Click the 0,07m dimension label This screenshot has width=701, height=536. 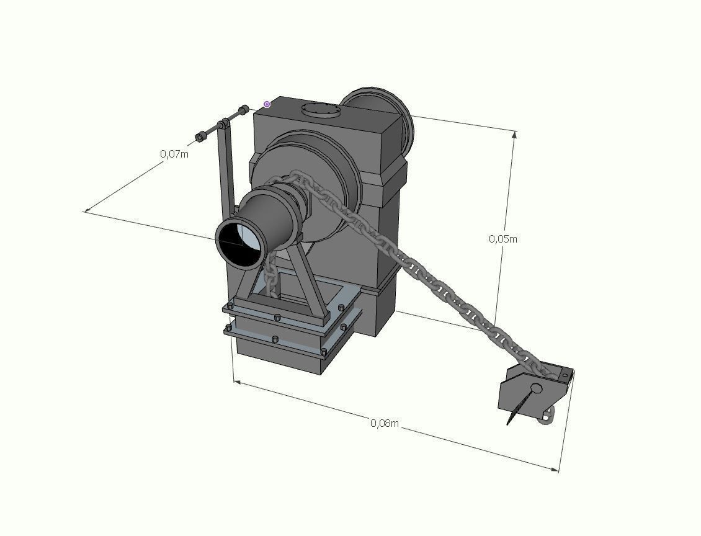pyautogui.click(x=174, y=154)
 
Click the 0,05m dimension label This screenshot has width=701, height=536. pyautogui.click(x=502, y=239)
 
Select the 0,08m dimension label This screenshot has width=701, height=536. pyautogui.click(x=385, y=423)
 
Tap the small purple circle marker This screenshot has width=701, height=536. pyautogui.click(x=267, y=104)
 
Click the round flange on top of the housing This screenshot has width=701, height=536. pyautogui.click(x=321, y=111)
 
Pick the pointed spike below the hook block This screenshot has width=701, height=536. pyautogui.click(x=516, y=411)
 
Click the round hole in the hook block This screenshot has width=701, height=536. pyautogui.click(x=537, y=389)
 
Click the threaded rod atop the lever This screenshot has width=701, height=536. pyautogui.click(x=222, y=124)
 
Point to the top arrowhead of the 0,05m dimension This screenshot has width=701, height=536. pyautogui.click(x=514, y=133)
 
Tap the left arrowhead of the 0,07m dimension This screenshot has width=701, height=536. pyautogui.click(x=86, y=211)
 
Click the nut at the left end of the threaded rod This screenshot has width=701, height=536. pyautogui.click(x=200, y=136)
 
